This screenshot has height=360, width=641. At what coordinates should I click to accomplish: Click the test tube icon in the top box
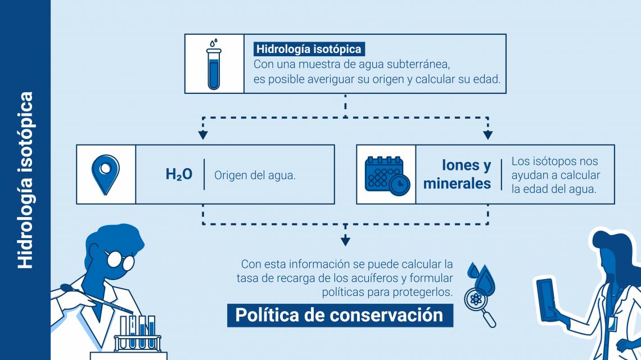click(x=214, y=65)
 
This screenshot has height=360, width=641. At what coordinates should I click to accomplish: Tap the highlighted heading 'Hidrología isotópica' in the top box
click(x=309, y=49)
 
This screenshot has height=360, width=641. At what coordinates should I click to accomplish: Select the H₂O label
click(x=179, y=174)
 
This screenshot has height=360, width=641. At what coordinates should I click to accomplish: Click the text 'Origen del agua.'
click(x=255, y=175)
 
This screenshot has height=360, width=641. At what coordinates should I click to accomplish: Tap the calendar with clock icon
click(x=387, y=175)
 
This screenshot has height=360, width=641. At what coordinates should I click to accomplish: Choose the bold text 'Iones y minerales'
click(x=457, y=174)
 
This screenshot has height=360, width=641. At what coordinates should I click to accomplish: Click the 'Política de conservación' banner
click(x=340, y=316)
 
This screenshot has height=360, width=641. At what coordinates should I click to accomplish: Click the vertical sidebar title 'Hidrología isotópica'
click(x=25, y=180)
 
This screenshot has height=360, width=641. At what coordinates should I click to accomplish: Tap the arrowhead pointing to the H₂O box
click(x=203, y=135)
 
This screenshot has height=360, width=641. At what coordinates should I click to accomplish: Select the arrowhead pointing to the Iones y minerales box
click(x=487, y=135)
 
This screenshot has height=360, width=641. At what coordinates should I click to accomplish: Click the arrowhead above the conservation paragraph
click(x=345, y=241)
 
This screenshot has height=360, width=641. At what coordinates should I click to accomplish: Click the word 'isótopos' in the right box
click(x=553, y=161)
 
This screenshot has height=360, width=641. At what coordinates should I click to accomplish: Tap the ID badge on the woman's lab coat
click(x=612, y=323)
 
